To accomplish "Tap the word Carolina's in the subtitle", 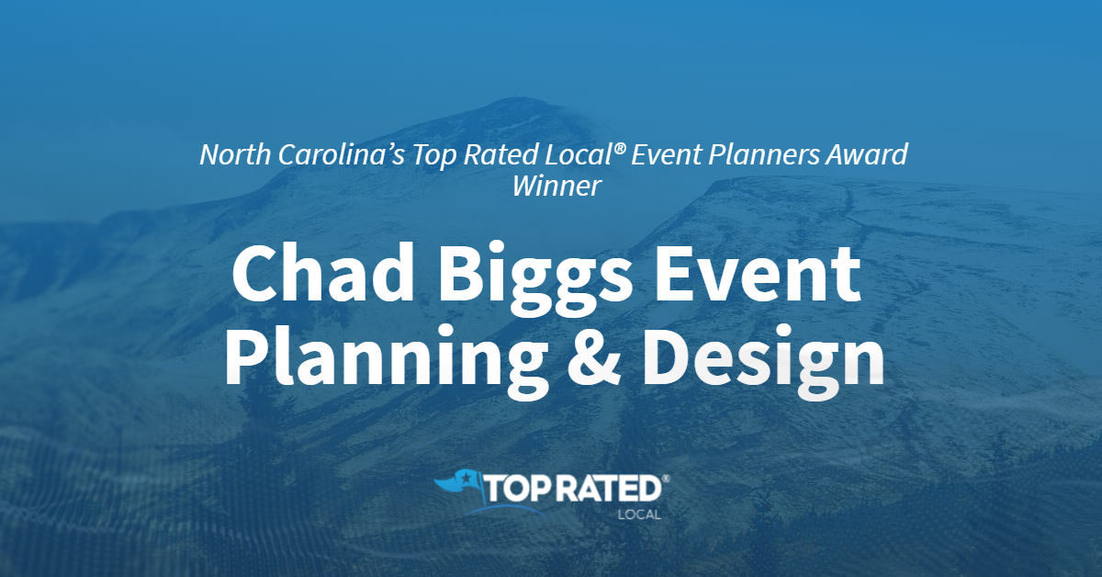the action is pos(341,154).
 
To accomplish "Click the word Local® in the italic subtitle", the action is pos(586,154).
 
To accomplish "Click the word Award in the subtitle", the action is pos(867,154).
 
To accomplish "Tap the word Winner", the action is pos(557,187).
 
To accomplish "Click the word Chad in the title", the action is pos(323,272).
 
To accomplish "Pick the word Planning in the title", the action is pos(387,360).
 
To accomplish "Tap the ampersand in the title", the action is pos(594,356).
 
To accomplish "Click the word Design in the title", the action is pos(763,360).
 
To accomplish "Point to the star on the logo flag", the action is pos(466,478).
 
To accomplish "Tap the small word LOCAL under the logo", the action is pos(639,515).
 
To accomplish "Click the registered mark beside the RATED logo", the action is pos(666,479).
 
